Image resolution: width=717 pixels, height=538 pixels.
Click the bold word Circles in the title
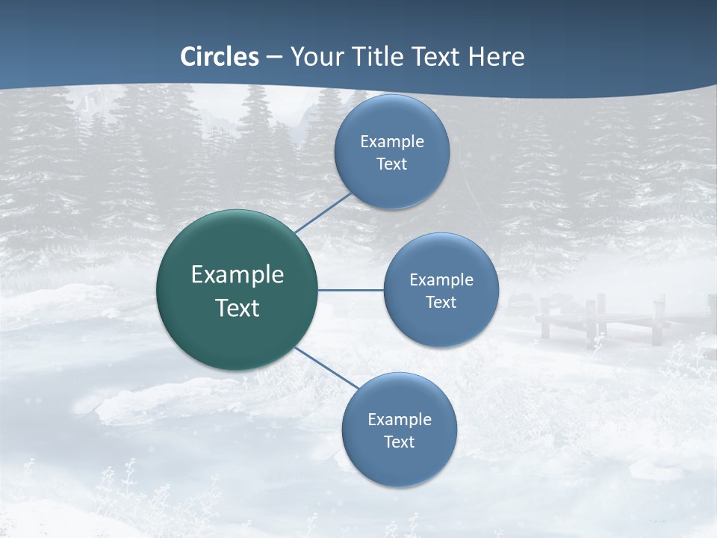(x=220, y=57)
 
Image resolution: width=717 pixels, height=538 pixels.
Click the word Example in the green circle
(x=238, y=275)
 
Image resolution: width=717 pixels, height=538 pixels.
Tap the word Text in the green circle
(x=238, y=308)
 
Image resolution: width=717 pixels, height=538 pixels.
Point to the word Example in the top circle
(x=392, y=142)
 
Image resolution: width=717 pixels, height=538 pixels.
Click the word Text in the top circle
(x=391, y=164)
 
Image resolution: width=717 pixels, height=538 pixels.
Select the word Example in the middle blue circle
(x=441, y=280)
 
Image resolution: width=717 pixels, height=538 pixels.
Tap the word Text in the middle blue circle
(x=441, y=303)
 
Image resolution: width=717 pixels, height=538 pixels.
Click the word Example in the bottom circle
(x=400, y=420)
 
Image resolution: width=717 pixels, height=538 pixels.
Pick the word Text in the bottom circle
(x=399, y=442)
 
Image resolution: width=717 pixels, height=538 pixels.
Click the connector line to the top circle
(x=323, y=214)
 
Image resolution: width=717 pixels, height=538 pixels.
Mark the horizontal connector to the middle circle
(x=350, y=290)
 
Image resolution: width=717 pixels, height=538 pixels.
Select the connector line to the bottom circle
(x=326, y=367)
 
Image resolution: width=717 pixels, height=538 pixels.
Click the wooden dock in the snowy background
(x=597, y=318)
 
